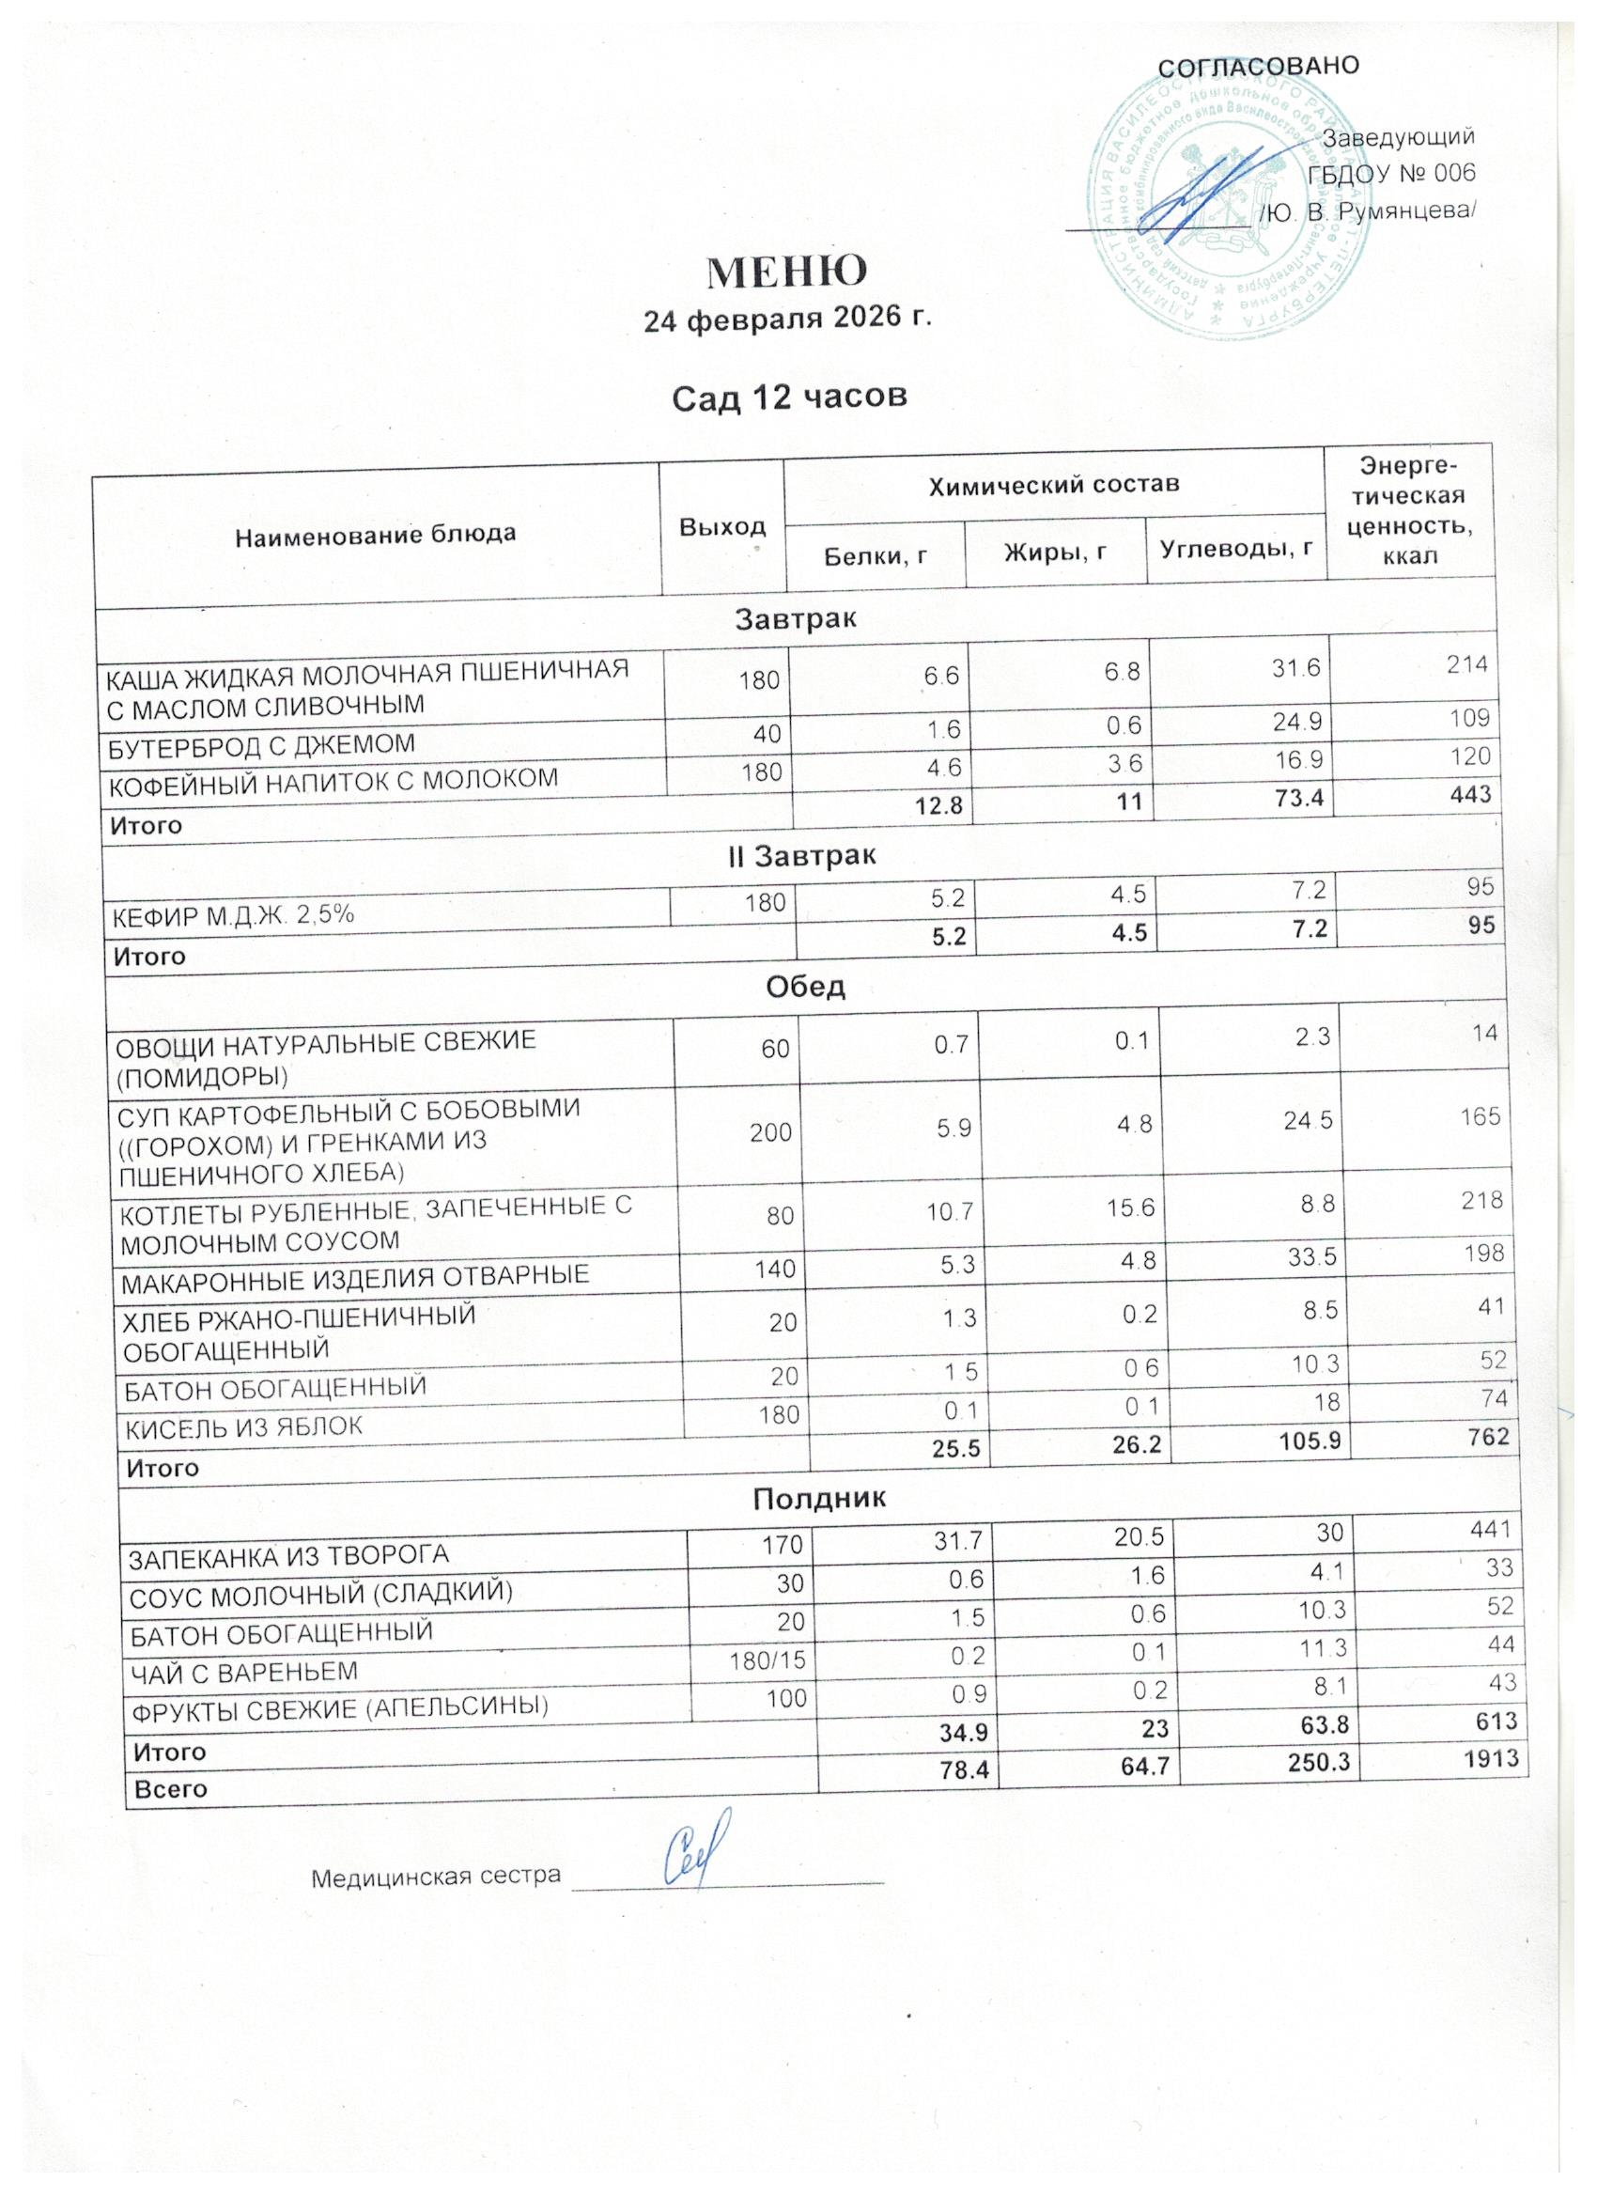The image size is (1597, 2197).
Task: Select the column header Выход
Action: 721,526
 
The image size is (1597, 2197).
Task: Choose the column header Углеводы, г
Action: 1235,549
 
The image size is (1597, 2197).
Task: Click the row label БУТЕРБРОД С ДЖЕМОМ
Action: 260,744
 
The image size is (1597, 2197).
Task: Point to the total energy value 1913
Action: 1492,1757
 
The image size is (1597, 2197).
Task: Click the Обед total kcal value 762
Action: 1489,1436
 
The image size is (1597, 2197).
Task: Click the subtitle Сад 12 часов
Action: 789,397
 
